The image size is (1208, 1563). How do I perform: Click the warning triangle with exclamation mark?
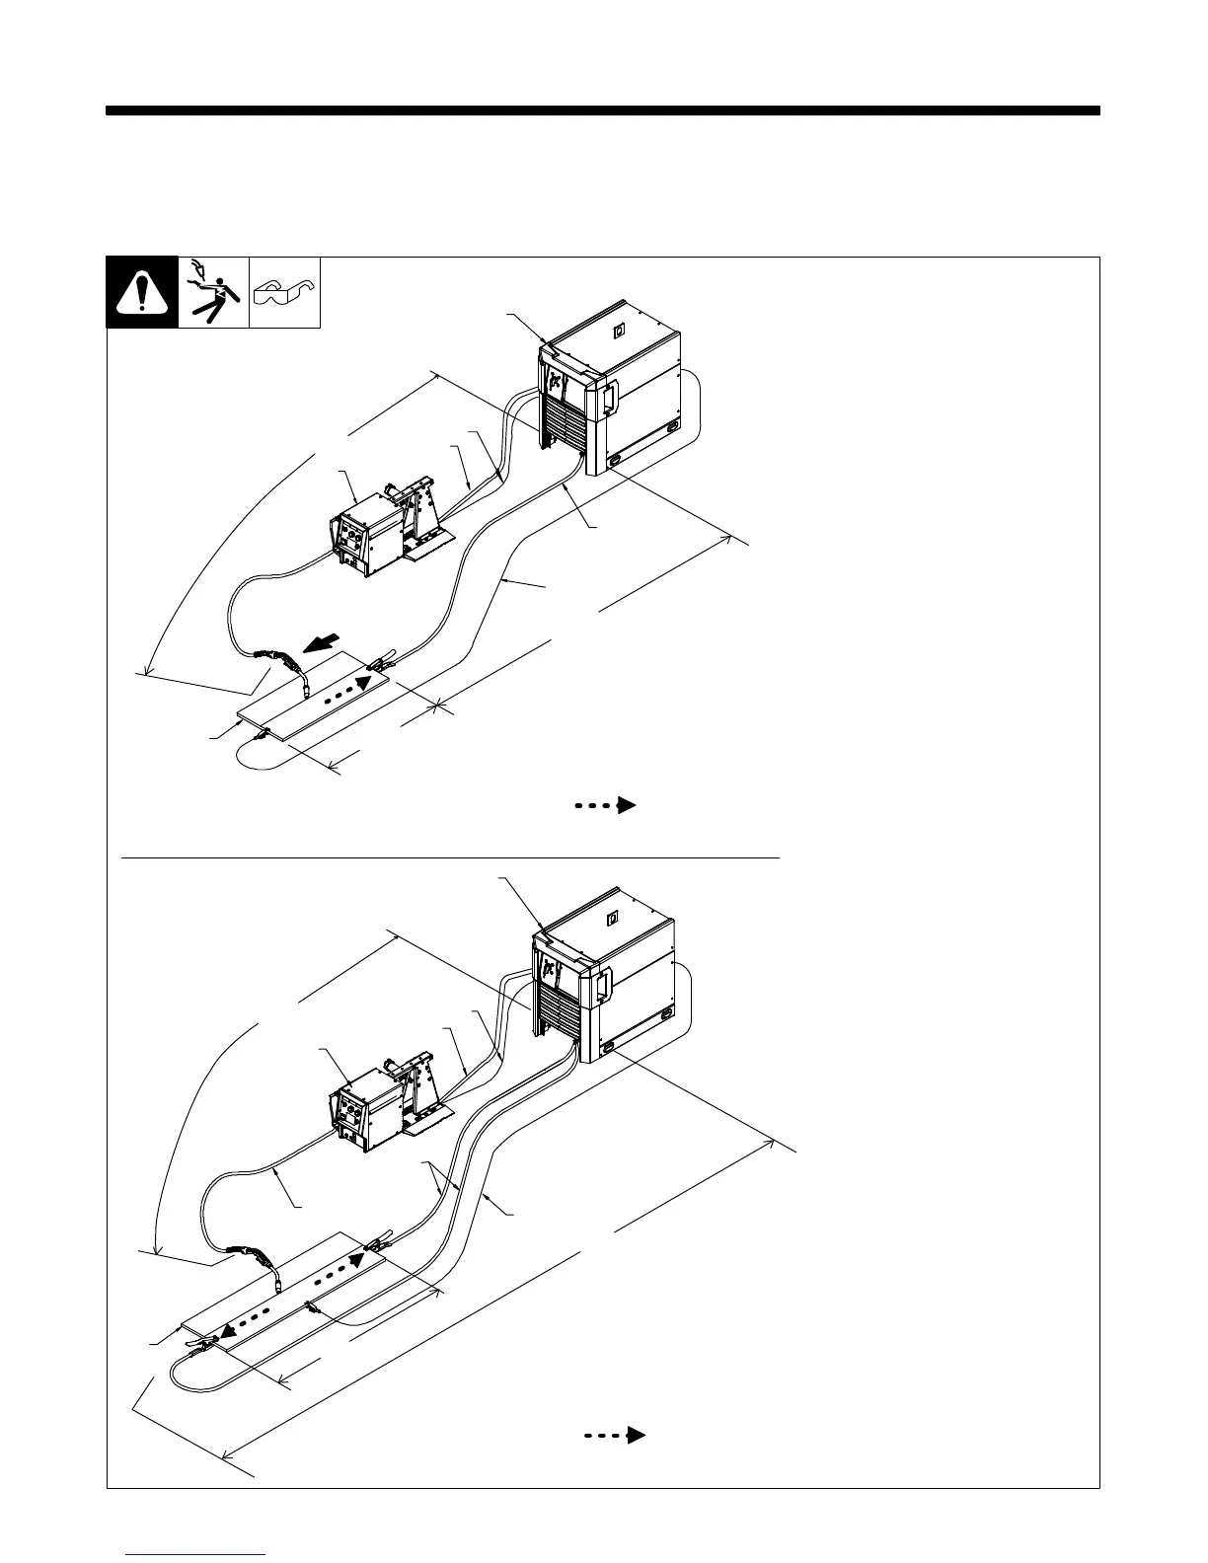[142, 292]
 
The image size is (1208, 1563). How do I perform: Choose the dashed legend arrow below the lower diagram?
[616, 1435]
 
